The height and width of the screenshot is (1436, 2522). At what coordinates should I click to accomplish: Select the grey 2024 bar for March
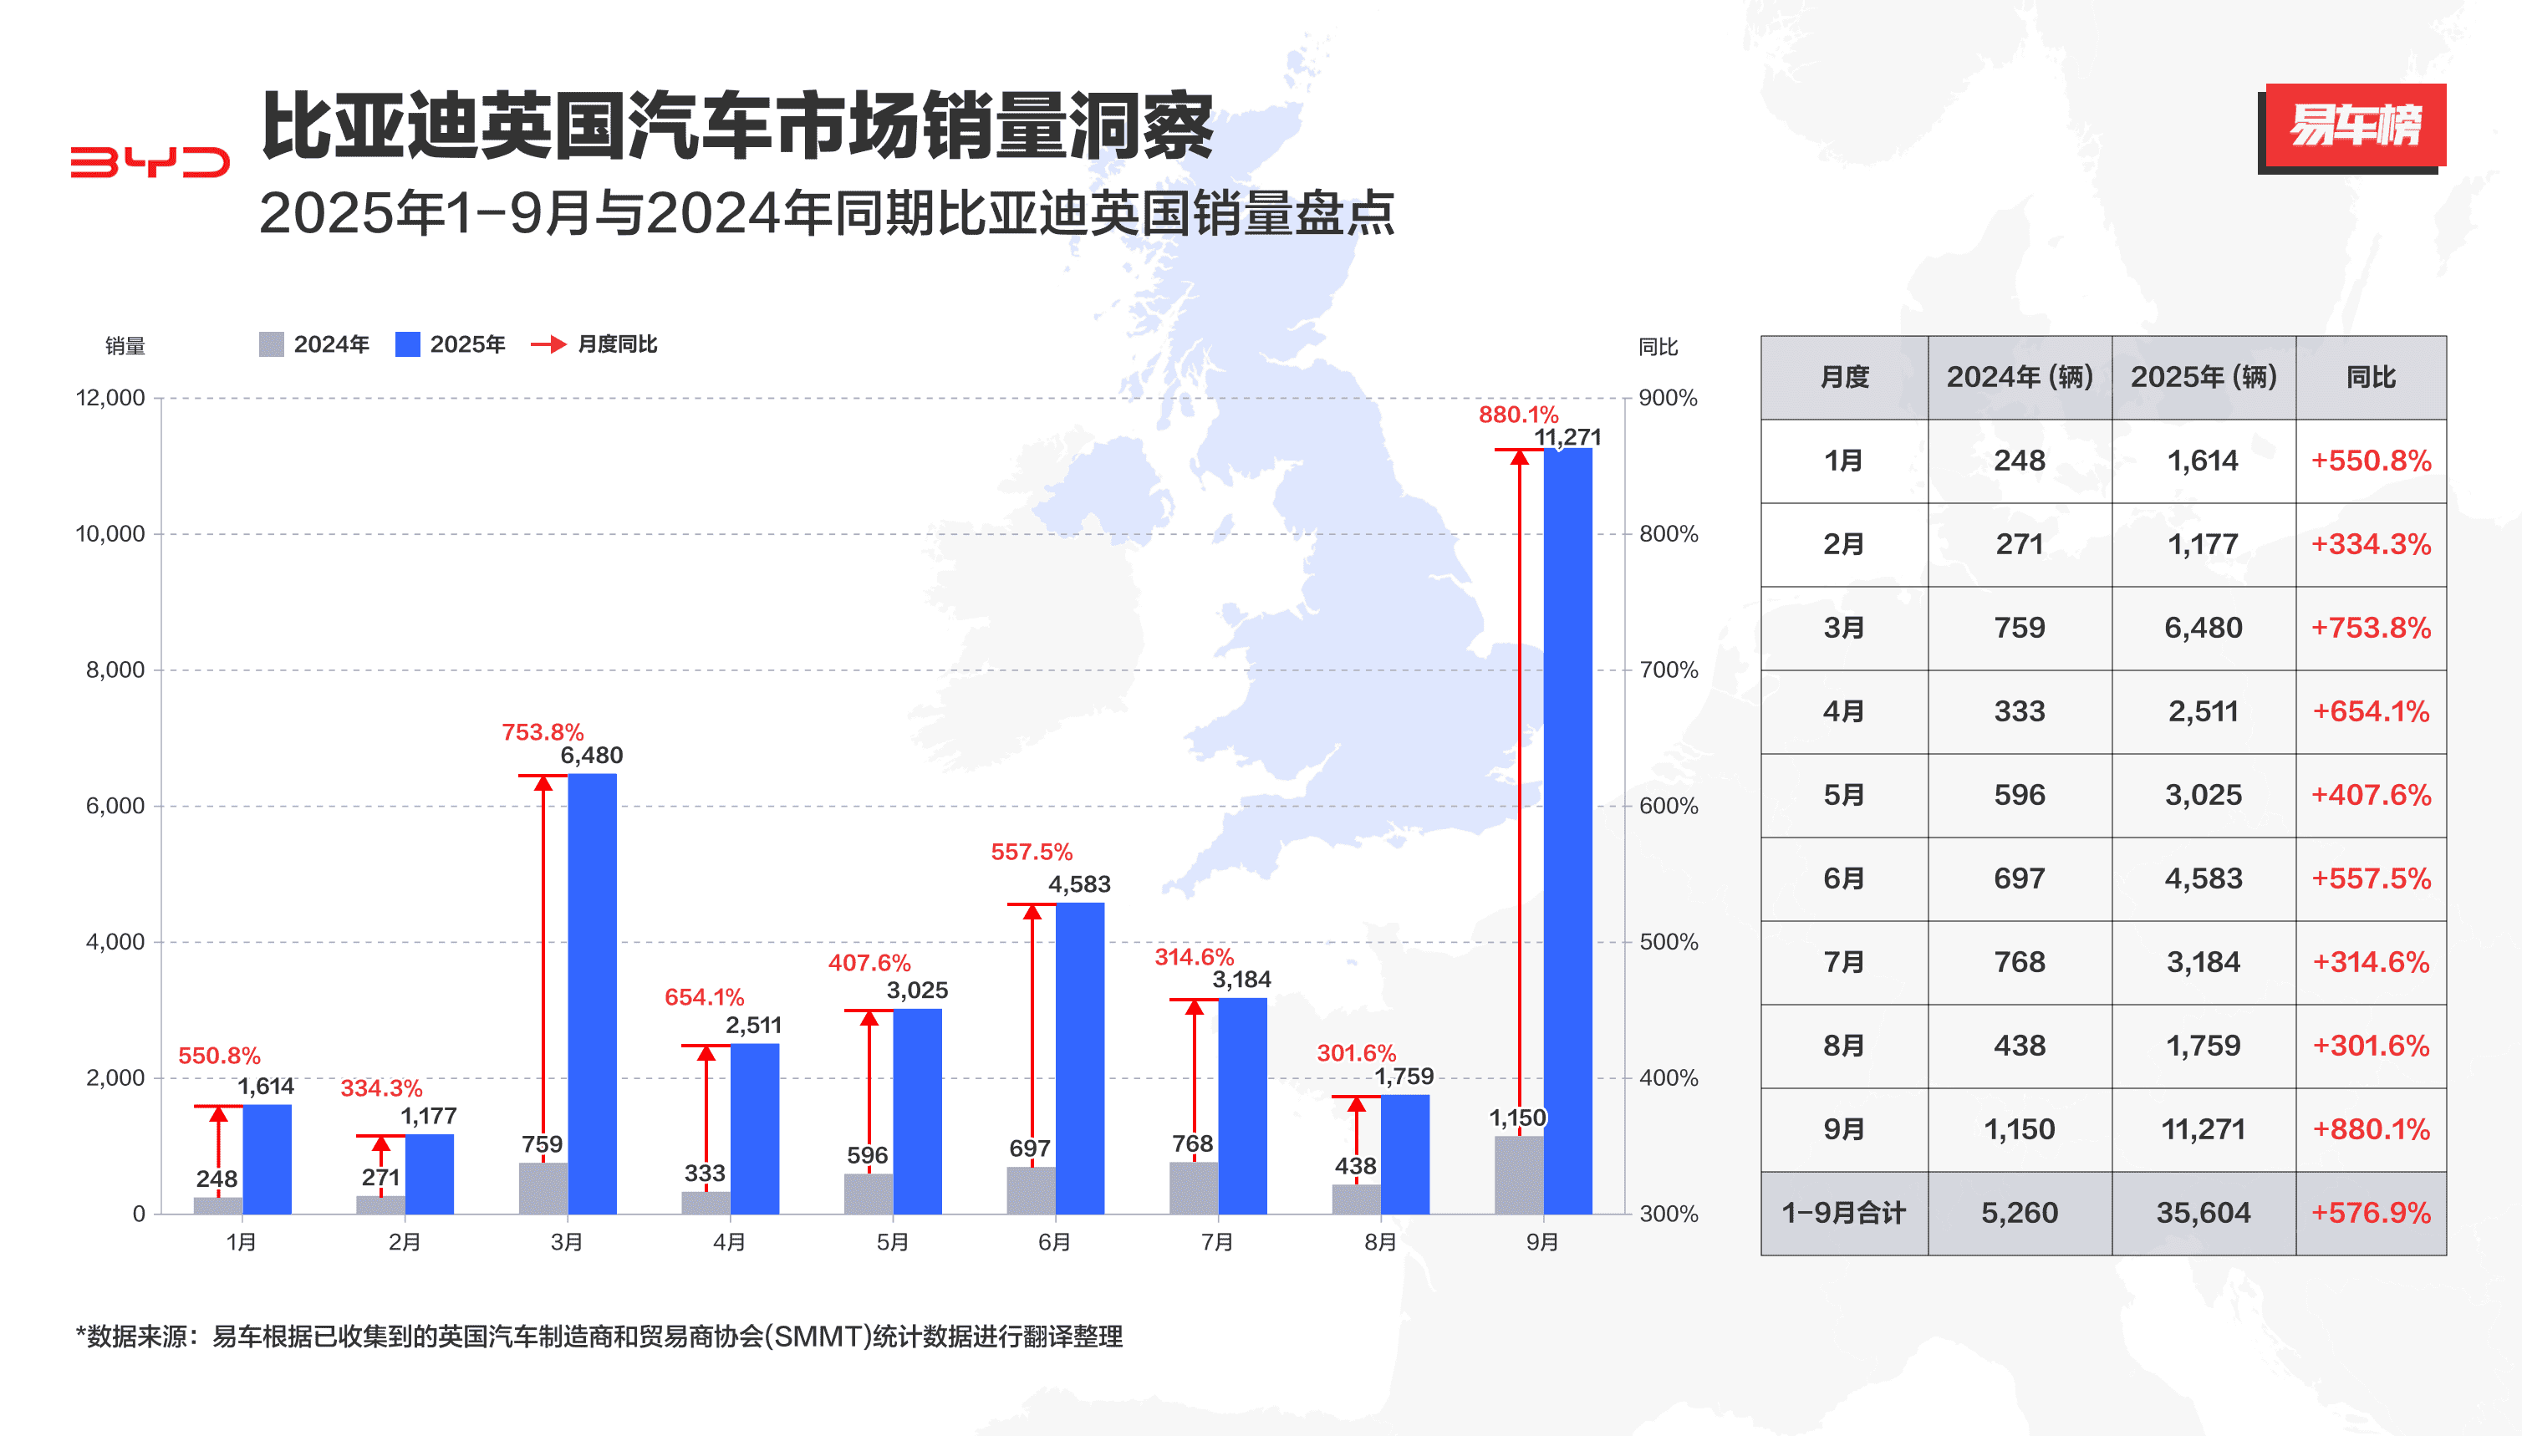543,1188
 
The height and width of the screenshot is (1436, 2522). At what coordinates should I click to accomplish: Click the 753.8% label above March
542,732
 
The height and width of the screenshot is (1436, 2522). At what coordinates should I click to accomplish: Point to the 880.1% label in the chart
1517,415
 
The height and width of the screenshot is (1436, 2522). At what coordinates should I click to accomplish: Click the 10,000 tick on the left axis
110,533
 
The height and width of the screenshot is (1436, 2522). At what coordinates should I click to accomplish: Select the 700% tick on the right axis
1668,670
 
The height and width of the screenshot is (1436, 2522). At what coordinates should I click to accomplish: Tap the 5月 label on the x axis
892,1242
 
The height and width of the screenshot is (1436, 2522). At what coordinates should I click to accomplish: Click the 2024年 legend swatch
271,344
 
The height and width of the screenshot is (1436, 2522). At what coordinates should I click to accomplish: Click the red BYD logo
150,163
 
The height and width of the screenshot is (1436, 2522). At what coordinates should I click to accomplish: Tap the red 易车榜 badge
2354,125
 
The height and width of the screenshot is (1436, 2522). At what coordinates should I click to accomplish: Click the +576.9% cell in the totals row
2370,1213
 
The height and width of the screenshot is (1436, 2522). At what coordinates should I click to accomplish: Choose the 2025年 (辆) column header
2203,377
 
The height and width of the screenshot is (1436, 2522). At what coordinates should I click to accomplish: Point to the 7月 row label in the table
1842,963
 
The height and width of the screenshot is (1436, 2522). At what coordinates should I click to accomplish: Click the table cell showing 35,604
2203,1213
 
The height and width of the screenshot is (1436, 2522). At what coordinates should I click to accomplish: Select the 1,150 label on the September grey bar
1517,1118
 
